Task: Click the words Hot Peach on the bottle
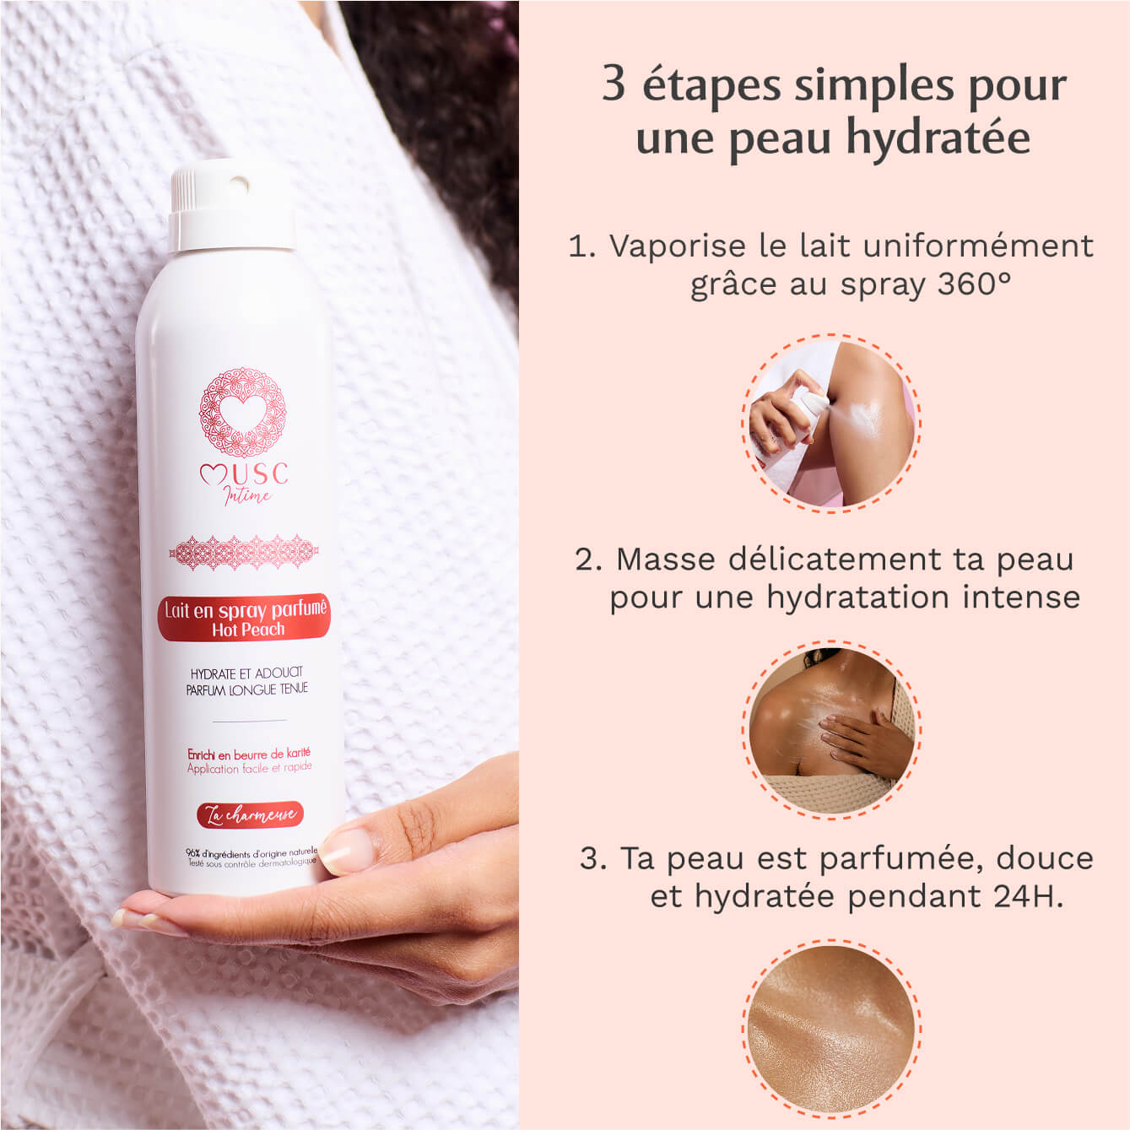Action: (x=248, y=630)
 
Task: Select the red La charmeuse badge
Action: (x=249, y=814)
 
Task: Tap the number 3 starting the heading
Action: (x=614, y=84)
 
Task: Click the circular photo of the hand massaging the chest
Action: (x=832, y=727)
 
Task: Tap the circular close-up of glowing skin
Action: (x=832, y=1028)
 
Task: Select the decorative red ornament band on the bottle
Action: (x=244, y=553)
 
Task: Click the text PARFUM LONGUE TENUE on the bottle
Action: (x=247, y=689)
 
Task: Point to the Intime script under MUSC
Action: (x=247, y=495)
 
